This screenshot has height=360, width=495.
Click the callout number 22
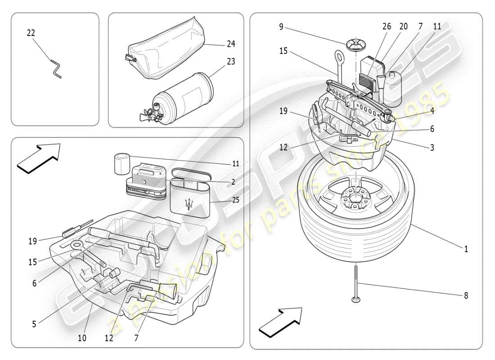click(31, 33)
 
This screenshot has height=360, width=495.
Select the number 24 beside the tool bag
click(231, 44)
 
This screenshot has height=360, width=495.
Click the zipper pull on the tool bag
click(128, 58)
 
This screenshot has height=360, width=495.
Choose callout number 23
click(231, 62)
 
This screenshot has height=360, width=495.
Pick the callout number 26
click(387, 27)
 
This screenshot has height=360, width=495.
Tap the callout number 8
click(466, 296)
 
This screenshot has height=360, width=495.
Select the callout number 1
click(466, 248)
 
